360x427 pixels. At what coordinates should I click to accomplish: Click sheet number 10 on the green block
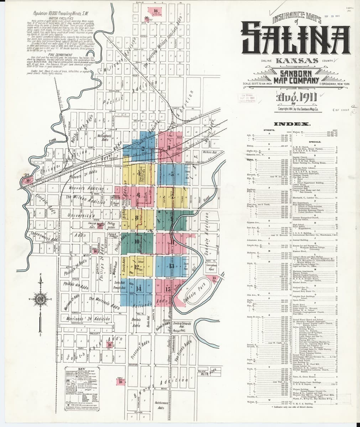[x=137, y=241]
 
